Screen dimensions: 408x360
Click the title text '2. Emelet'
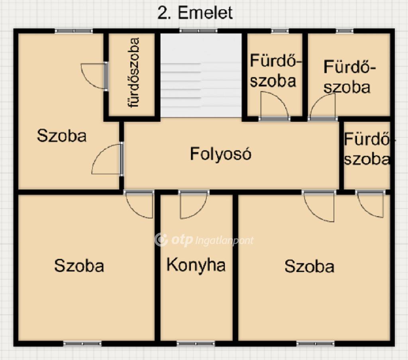click(x=195, y=13)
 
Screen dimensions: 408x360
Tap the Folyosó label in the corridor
click(x=221, y=154)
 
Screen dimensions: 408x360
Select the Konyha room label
click(x=196, y=265)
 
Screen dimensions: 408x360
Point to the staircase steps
click(x=201, y=84)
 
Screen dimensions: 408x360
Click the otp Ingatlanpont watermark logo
click(x=204, y=240)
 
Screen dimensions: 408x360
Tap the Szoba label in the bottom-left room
click(x=79, y=266)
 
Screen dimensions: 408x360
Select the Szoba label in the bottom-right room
click(x=309, y=266)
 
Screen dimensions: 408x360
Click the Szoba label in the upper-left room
click(x=62, y=135)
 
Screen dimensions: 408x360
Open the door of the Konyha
click(x=193, y=204)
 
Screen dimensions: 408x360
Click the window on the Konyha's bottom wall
click(x=196, y=344)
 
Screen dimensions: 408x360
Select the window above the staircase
click(x=198, y=31)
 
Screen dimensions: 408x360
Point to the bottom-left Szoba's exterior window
click(x=82, y=344)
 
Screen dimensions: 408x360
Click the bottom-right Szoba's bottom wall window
click(x=316, y=344)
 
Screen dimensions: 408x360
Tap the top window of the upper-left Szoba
click(x=74, y=31)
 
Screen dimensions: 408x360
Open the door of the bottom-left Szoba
click(x=139, y=204)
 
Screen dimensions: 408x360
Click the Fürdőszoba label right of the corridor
click(x=367, y=149)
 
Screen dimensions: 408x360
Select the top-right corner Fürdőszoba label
click(x=347, y=77)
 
